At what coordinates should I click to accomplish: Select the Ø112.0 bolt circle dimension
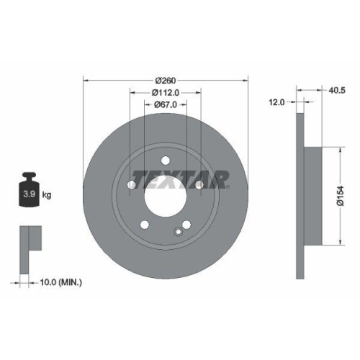click(166, 91)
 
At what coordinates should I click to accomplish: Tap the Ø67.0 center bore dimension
click(166, 105)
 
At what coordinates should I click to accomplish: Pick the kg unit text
click(47, 194)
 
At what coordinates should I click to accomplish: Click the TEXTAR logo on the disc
click(180, 177)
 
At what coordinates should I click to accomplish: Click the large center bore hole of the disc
click(165, 194)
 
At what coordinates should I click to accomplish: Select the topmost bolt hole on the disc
click(165, 161)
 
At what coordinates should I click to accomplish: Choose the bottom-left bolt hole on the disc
click(145, 224)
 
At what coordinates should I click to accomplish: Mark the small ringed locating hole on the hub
click(178, 231)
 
